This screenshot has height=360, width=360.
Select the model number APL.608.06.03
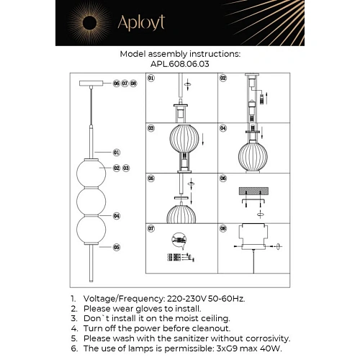(179, 63)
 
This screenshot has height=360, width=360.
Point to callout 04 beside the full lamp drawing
(117, 215)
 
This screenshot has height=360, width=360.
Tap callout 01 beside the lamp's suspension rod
(117, 153)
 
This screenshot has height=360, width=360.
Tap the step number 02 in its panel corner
(223, 78)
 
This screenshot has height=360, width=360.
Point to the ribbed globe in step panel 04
(252, 152)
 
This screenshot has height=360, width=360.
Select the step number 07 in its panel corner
(152, 229)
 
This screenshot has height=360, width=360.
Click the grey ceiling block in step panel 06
(252, 192)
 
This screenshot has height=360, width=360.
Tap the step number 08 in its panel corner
(223, 229)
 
